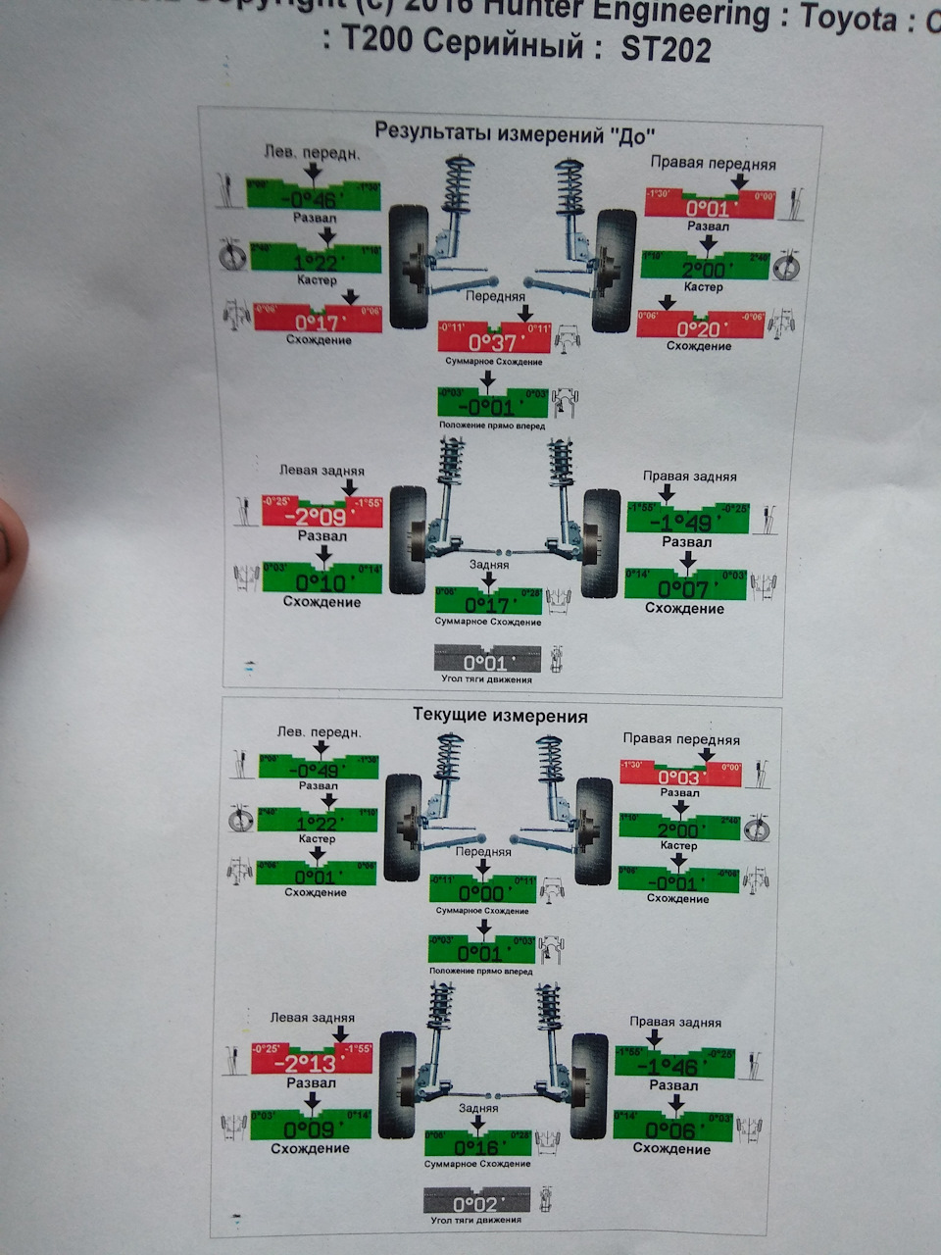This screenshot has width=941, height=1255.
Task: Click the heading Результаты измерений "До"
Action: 516,132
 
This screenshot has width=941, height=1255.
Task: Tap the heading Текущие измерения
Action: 501,716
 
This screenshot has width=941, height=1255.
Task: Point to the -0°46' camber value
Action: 314,200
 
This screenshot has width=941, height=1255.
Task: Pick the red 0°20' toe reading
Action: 700,329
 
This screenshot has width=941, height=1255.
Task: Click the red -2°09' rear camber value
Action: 322,517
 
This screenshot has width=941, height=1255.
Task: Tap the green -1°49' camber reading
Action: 687,522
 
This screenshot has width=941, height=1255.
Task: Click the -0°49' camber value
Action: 320,770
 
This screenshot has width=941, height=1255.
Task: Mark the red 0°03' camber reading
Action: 680,777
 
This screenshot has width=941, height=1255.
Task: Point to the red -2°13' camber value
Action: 312,1063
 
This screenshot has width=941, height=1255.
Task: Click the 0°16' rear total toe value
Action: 478,1147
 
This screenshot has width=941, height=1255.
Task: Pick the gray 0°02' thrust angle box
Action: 476,1203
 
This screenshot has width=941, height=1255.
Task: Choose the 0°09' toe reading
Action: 312,1129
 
